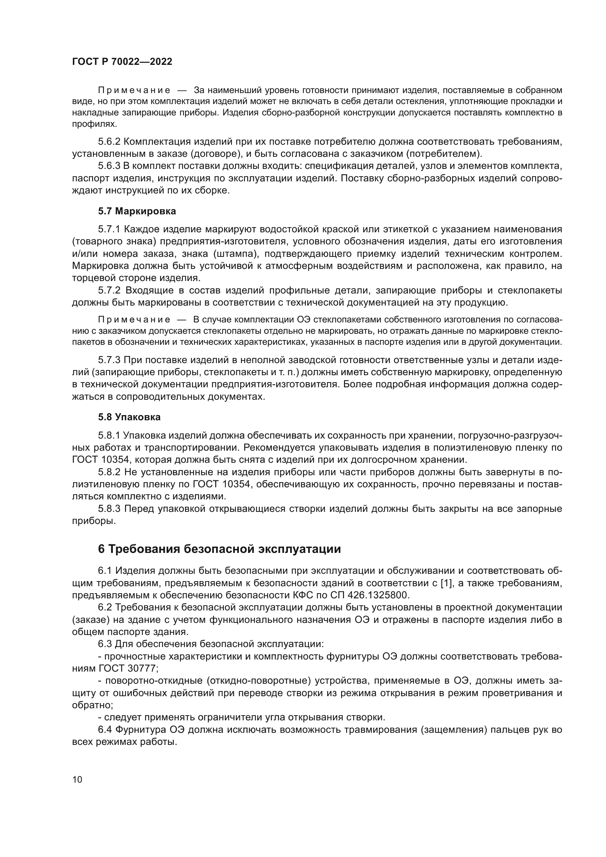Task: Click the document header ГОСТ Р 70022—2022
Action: [122, 62]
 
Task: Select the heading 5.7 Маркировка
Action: [137, 211]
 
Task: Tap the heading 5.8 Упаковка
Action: [129, 417]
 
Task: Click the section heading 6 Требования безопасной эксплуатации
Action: [219, 549]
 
